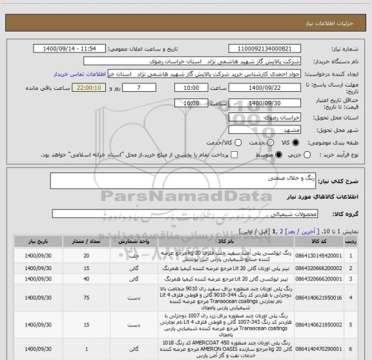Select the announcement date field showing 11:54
[x=70, y=49]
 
